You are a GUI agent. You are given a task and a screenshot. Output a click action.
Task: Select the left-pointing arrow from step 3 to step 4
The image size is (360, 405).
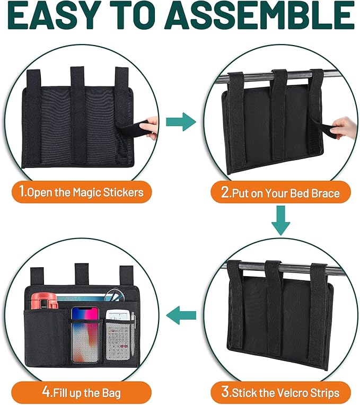181,317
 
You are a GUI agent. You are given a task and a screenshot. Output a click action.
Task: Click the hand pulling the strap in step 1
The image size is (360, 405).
151,127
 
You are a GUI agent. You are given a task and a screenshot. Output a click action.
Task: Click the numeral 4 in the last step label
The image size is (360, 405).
47,393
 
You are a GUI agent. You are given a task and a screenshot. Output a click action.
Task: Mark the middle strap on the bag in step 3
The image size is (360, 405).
274,313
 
